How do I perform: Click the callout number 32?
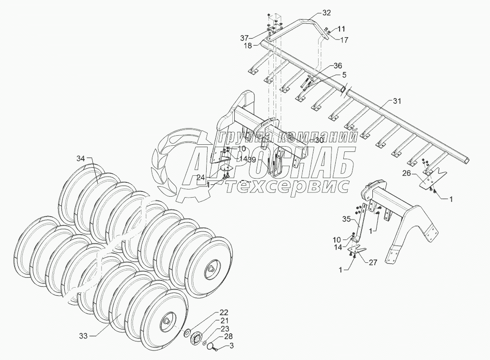pos(313,12)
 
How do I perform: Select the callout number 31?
pos(397,100)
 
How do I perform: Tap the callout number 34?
pos(80,158)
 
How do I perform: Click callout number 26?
pos(406,174)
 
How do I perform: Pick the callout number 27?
pos(373,261)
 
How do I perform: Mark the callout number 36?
pos(338,65)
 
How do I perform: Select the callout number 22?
pos(223,312)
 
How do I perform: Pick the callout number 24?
pos(202,177)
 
